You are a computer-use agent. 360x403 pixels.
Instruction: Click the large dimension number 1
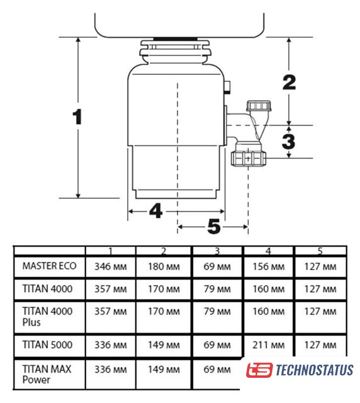coord(77,116)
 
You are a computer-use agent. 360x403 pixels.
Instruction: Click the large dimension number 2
coord(290,82)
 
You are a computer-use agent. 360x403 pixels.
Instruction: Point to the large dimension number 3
coord(288,141)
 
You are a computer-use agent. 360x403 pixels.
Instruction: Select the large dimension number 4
coord(156,211)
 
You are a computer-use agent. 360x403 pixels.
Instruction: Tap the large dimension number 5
coord(214,227)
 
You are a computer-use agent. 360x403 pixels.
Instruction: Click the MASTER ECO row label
coord(49,266)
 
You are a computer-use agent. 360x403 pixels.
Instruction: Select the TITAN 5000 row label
coord(47,344)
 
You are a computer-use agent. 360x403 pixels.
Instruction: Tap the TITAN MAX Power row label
coord(47,375)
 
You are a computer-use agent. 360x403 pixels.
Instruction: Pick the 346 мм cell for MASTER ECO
coord(111,266)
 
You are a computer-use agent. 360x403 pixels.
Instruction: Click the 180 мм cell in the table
coord(164,266)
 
